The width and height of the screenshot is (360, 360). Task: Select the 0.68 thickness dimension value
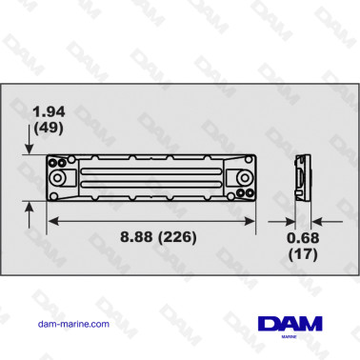[x=304, y=237]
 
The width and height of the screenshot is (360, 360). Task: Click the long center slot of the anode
[x=151, y=178]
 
